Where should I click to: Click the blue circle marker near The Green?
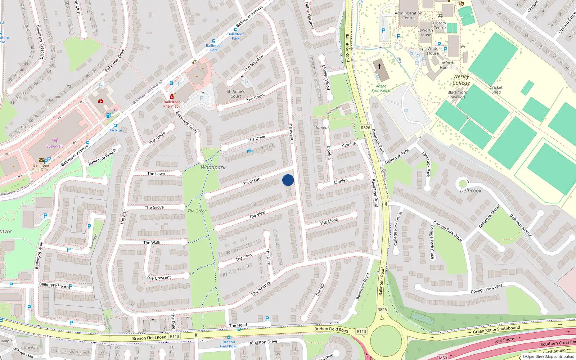288,180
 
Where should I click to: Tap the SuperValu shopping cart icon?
55,141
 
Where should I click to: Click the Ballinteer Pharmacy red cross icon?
172,97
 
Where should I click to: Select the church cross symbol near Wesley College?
379,66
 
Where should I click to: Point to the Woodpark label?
213,167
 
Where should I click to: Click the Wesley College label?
461,80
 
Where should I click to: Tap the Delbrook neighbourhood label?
471,190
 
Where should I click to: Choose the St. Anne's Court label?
236,94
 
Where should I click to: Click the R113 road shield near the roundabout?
361,331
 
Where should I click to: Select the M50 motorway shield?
443,357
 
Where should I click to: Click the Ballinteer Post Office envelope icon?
41,160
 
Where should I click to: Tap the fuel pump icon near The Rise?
108,115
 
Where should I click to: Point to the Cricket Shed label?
496,90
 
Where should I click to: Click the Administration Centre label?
409,15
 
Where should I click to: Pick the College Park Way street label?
486,289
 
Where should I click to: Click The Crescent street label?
159,278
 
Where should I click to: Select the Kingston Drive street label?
264,342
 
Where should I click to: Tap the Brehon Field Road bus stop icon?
229,338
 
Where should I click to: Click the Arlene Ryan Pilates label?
381,88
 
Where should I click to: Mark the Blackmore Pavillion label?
457,94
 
